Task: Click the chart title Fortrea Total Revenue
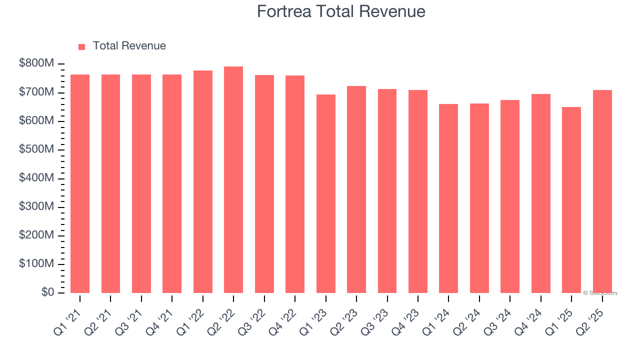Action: click(341, 11)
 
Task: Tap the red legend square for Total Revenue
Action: click(82, 47)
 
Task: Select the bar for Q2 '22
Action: click(233, 180)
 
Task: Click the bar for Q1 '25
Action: click(571, 200)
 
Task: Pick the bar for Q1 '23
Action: click(326, 194)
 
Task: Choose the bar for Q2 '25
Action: click(602, 191)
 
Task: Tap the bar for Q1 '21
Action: click(80, 183)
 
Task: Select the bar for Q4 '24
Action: click(541, 193)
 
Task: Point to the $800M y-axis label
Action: click(37, 64)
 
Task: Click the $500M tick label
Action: click(37, 149)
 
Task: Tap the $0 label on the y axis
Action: click(48, 292)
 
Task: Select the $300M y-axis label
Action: click(37, 206)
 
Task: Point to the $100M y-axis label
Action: click(37, 263)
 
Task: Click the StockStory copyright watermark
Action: click(600, 293)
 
